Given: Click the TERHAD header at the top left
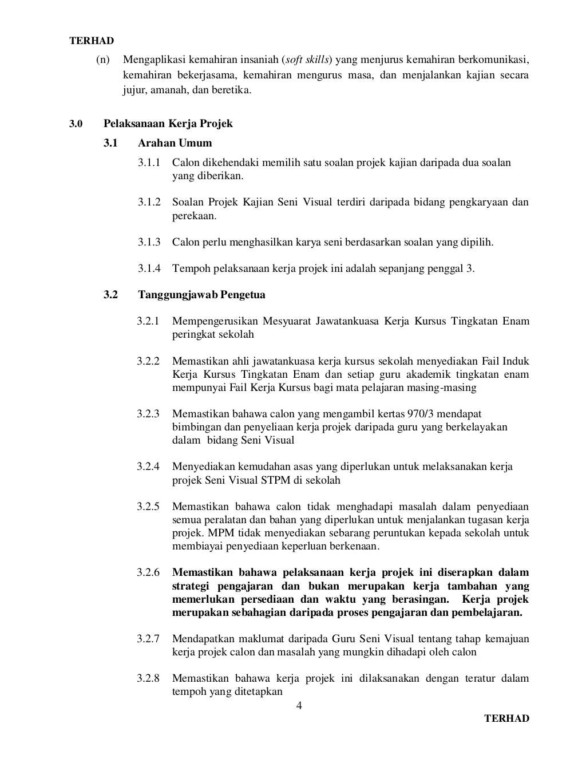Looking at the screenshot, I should [92, 41].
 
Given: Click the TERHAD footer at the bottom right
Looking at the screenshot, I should [506, 718].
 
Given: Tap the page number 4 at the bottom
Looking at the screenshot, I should [298, 705].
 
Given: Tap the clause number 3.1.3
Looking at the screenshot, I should [149, 242].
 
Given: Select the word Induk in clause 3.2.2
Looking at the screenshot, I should [516, 361].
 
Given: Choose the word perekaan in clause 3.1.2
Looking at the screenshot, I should [194, 216].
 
